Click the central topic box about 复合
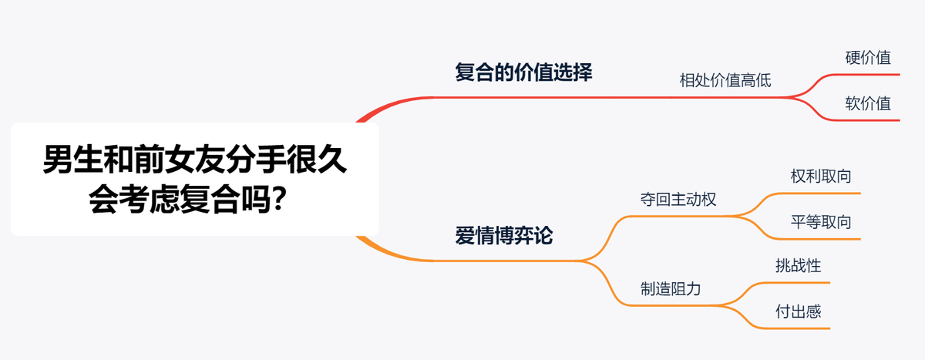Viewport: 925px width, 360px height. (194, 179)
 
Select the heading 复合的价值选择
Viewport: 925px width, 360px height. (523, 73)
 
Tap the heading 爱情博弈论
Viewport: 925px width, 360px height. (504, 236)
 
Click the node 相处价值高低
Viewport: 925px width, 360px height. (725, 79)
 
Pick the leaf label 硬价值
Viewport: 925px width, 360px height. (868, 58)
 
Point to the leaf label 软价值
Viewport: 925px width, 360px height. (868, 104)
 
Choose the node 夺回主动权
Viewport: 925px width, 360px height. (678, 199)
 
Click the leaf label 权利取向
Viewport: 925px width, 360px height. (821, 176)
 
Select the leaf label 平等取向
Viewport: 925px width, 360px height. (821, 222)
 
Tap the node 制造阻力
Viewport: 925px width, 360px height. (671, 289)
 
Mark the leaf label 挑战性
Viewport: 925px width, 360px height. (798, 266)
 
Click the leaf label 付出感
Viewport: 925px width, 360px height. (798, 312)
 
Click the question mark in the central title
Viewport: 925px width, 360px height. (282, 201)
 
